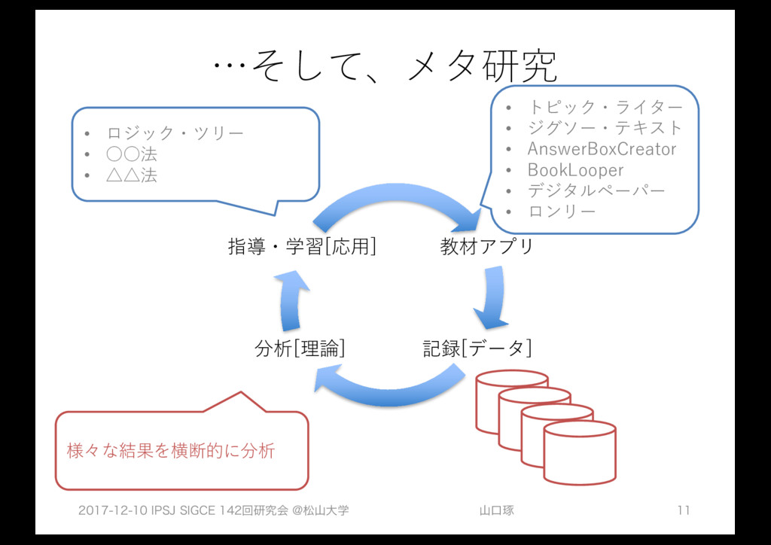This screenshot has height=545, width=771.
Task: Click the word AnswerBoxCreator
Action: click(602, 148)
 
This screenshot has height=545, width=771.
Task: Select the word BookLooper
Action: click(575, 169)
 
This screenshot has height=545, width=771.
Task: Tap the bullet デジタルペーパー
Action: click(596, 190)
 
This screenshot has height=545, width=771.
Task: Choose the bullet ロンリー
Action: click(562, 212)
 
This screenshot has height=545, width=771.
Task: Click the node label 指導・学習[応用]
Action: click(302, 246)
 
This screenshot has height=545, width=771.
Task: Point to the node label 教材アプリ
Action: click(486, 246)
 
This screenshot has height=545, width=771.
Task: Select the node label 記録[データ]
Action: click(477, 349)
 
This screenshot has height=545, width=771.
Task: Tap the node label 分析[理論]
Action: click(300, 349)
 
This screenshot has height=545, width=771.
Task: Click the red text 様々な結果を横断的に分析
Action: click(171, 451)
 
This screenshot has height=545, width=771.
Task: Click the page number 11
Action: click(683, 511)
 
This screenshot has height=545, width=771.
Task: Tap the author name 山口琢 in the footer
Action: click(497, 511)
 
